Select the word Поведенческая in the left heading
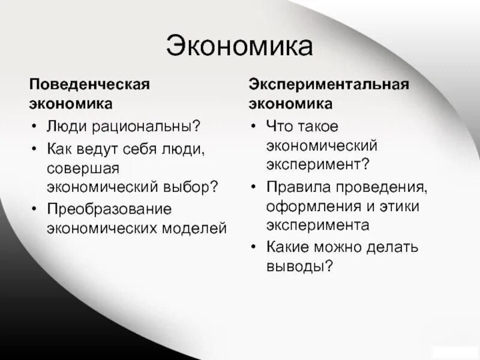pyautogui.click(x=89, y=83)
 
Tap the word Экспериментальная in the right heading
pyautogui.click(x=329, y=83)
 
